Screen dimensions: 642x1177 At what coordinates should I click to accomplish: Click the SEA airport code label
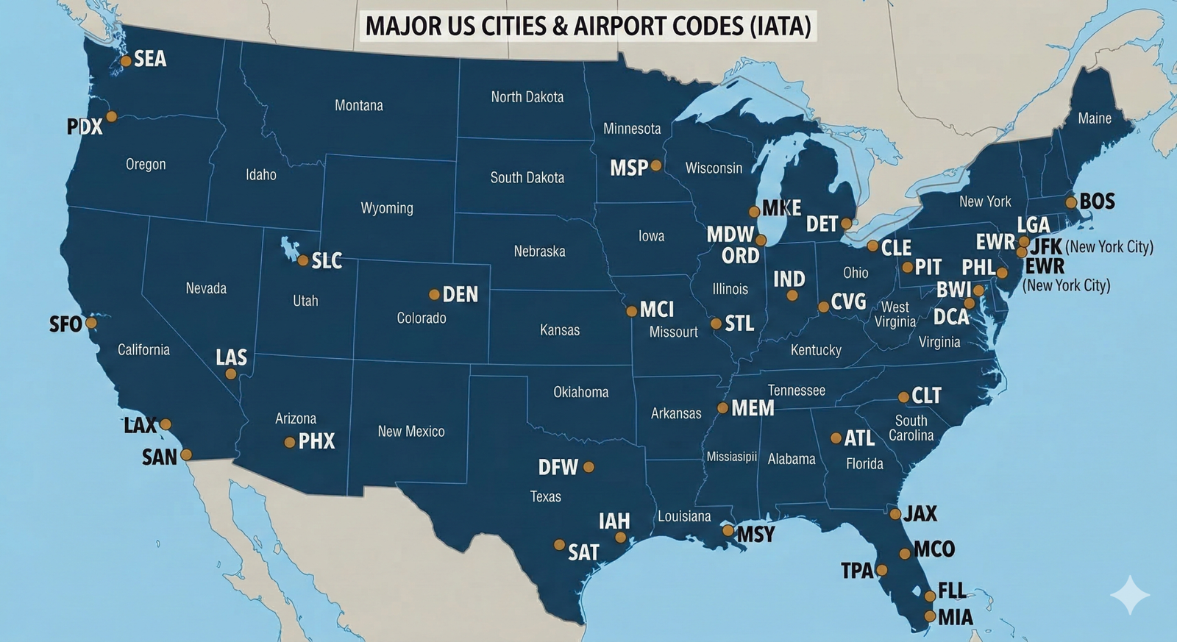point(150,59)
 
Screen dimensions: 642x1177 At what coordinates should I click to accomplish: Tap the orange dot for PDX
point(112,116)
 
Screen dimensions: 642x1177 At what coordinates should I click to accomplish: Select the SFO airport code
point(65,324)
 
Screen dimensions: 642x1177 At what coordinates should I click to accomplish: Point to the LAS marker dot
point(231,374)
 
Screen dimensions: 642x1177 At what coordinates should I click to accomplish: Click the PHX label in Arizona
point(316,441)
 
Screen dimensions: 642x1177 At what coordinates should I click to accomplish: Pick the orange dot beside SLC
point(302,260)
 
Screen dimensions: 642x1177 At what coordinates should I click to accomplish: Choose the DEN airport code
point(461,295)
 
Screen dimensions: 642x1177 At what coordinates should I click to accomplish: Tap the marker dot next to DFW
point(588,467)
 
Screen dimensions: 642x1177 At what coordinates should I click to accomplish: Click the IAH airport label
point(614,521)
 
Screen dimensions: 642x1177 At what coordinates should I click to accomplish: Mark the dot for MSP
point(656,166)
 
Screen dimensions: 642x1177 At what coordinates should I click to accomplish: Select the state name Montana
point(359,105)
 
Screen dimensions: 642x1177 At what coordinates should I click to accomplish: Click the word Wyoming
point(387,208)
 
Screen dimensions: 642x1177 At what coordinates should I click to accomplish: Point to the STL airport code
point(739,324)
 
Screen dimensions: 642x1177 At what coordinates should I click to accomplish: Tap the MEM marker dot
point(723,408)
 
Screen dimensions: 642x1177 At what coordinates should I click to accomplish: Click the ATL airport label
point(859,438)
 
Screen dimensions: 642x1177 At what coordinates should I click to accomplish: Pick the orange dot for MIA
point(930,616)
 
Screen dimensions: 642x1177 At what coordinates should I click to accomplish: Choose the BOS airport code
point(1097,201)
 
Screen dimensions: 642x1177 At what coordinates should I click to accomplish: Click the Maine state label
point(1095,118)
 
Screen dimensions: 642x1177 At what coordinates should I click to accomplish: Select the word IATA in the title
point(780,26)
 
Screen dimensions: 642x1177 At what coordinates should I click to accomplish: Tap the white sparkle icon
point(1130,594)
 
